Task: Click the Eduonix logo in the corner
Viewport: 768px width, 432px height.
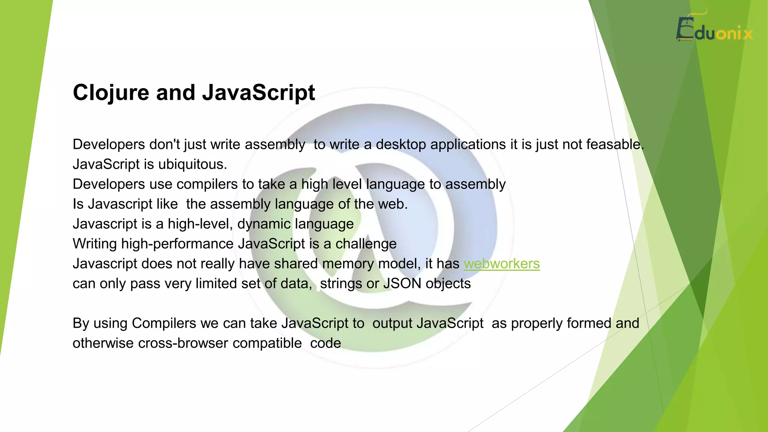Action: pos(714,30)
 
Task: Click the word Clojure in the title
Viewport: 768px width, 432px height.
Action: pos(111,93)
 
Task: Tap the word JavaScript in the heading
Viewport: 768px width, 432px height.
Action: pos(258,93)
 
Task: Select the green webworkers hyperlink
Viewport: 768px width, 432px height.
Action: pos(502,264)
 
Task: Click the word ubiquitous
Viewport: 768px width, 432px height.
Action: pos(192,165)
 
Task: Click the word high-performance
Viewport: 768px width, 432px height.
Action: pos(177,244)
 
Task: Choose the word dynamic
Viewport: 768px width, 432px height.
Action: pos(264,224)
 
